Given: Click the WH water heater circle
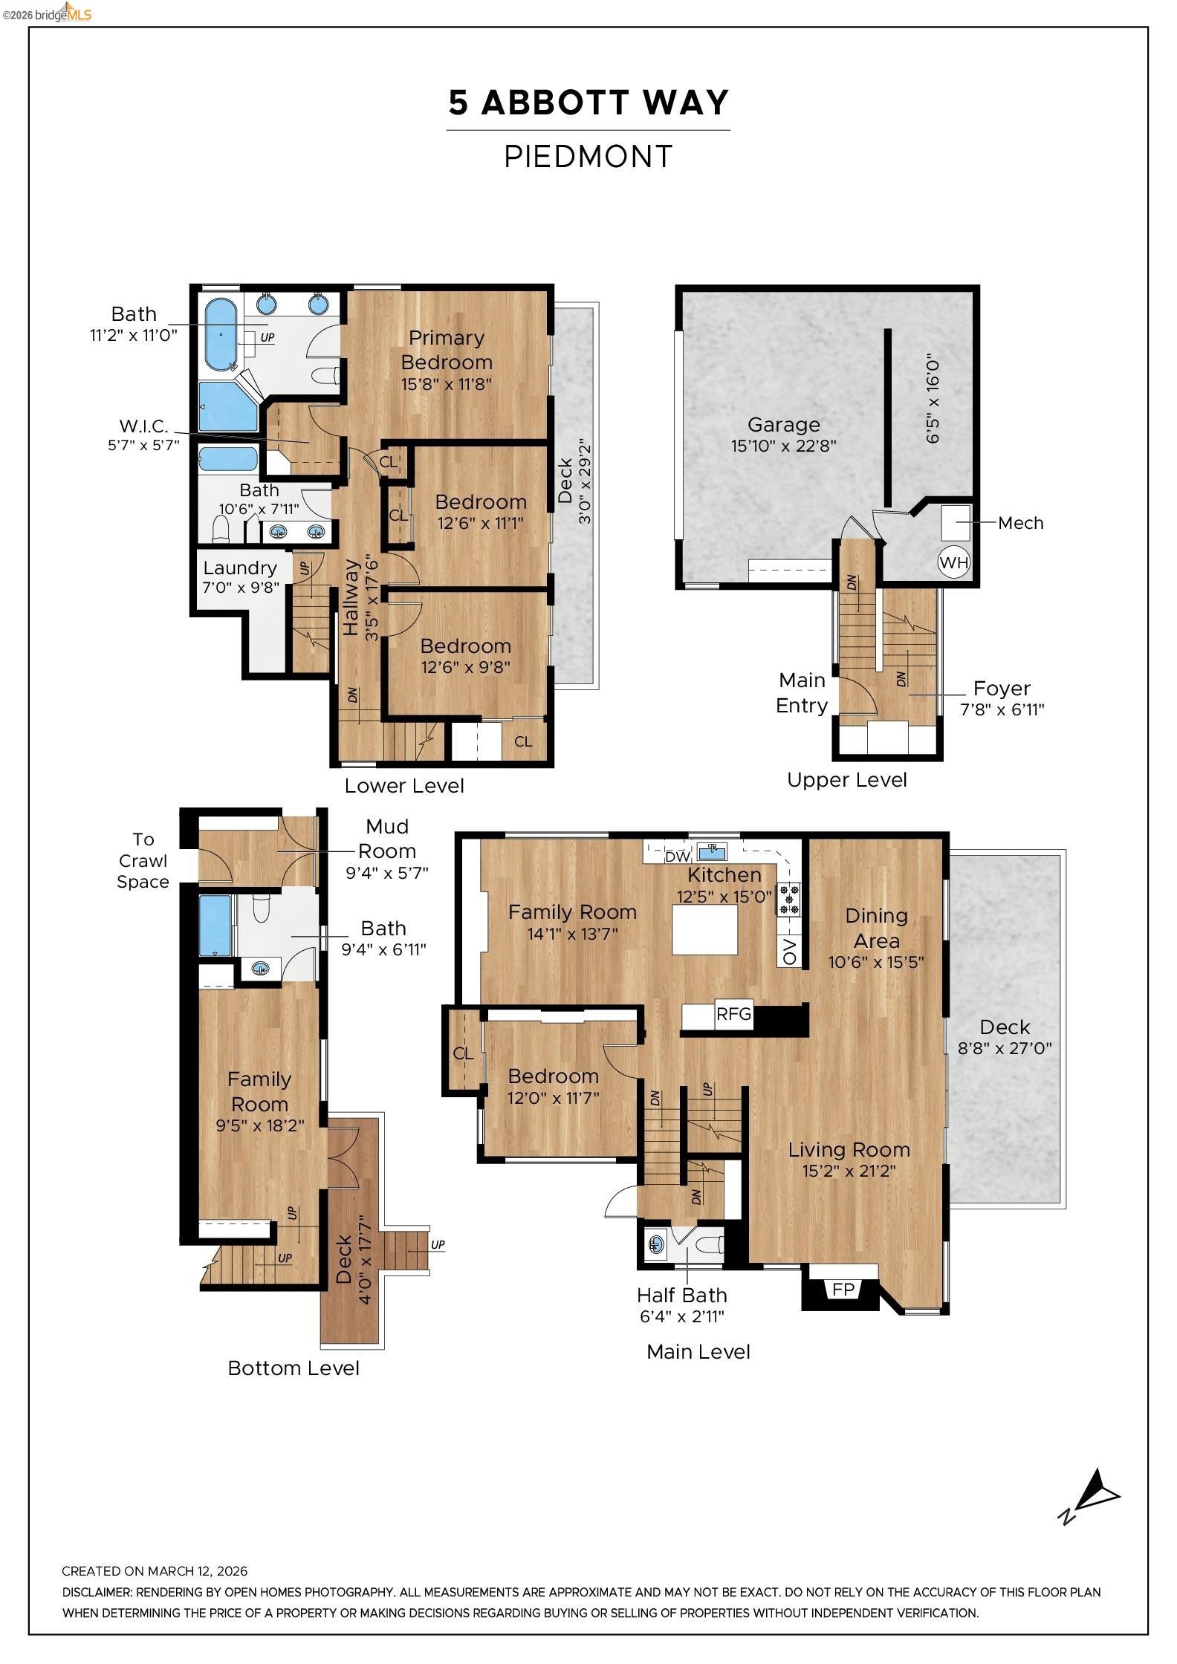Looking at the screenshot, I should tap(953, 562).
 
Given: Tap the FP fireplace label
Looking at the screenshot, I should tap(843, 1289).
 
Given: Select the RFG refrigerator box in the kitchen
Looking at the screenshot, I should tap(733, 1014).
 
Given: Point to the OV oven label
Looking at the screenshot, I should tap(789, 951).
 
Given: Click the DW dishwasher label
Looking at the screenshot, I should tap(677, 857).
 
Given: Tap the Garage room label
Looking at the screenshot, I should tap(783, 424).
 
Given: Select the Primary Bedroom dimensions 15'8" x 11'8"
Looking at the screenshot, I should tap(446, 385).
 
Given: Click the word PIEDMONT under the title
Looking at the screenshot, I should tap(588, 157).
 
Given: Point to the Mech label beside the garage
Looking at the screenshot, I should tap(1020, 523).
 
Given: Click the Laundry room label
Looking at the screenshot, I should tap(239, 568).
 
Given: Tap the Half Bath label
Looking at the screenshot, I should tap(681, 1295).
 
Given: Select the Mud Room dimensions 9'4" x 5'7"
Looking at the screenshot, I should tap(386, 873).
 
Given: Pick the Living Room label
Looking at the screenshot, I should tap(849, 1149).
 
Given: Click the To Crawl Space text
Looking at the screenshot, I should tap(143, 860).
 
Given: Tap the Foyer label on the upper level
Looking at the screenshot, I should tap(1001, 688).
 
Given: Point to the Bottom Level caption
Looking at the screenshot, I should tap(293, 1368).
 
